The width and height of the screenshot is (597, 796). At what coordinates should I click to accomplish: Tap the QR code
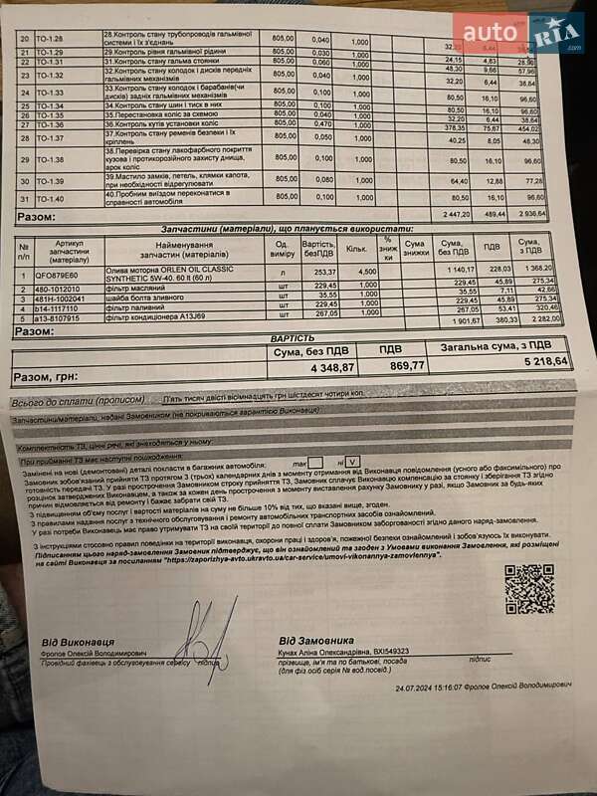(x=528, y=589)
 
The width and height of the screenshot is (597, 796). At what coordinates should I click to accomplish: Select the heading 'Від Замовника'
(x=315, y=640)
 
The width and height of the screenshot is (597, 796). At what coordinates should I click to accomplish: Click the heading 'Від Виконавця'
(x=77, y=643)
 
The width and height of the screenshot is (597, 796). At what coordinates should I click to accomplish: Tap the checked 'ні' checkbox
(x=352, y=463)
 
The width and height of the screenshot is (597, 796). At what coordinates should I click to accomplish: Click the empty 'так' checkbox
(x=315, y=462)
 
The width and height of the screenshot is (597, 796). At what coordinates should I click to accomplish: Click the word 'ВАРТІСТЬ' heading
(x=293, y=338)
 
